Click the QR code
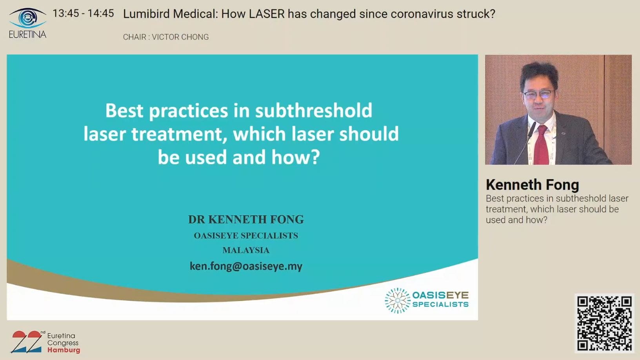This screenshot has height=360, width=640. point(604,324)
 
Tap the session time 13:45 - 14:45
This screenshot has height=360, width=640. point(84,13)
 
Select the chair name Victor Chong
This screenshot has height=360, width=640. point(180,37)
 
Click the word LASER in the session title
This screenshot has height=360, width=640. point(267,14)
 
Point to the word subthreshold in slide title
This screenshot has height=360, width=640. point(314,110)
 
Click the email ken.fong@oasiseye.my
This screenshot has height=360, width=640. point(246,266)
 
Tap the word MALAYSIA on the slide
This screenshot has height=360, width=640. point(246,250)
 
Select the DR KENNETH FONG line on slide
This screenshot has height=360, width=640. point(246,220)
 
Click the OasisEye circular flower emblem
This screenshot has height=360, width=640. point(397,300)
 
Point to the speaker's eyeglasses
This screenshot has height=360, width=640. point(539,95)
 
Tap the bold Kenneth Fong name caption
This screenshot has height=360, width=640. point(532,185)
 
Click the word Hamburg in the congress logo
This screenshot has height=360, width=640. point(64,350)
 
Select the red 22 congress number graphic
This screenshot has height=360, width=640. point(27,342)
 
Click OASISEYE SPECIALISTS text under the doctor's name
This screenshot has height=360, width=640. point(246,235)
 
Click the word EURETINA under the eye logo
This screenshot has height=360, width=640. point(27,34)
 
